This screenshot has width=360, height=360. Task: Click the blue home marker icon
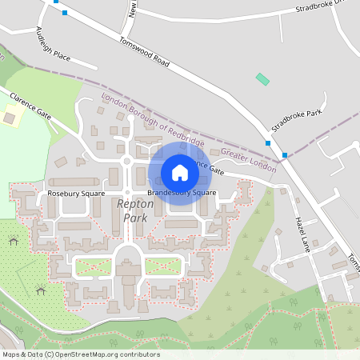click(x=180, y=173)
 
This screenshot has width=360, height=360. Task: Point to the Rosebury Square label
click(x=77, y=194)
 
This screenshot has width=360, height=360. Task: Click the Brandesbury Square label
click(x=182, y=194)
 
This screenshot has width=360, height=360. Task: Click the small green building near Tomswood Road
click(x=262, y=79)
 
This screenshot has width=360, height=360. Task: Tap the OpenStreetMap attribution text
click(x=80, y=354)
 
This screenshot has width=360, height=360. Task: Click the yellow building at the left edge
click(x=10, y=118)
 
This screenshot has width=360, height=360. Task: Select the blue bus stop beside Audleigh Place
click(x=64, y=13)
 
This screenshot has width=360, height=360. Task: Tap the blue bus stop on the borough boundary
click(x=285, y=155)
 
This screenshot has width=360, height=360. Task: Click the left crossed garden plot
click(x=94, y=267)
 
